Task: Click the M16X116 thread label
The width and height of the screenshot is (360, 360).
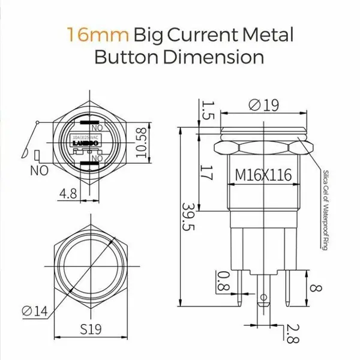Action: point(263,175)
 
